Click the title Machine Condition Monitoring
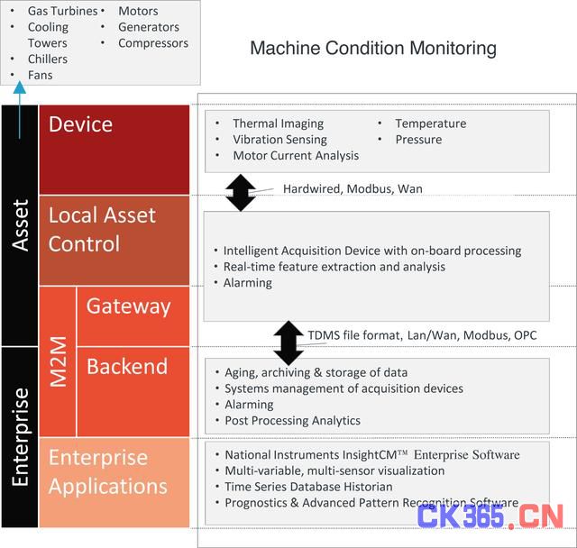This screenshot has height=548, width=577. pyautogui.click(x=373, y=48)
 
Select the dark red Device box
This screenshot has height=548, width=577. pyautogui.click(x=114, y=150)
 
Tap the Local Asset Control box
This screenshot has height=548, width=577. pyautogui.click(x=114, y=240)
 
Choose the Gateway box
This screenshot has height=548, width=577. pyautogui.click(x=133, y=316)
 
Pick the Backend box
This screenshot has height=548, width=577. pyautogui.click(x=133, y=392)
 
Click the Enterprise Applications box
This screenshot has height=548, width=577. pyautogui.click(x=114, y=482)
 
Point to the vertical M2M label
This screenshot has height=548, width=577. pyautogui.click(x=58, y=361)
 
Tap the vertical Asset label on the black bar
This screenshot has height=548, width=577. pyautogui.click(x=20, y=225)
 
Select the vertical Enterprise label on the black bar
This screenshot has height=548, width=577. pyautogui.click(x=20, y=437)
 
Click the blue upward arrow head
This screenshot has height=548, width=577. pyautogui.click(x=20, y=87)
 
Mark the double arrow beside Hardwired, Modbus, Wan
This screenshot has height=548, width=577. pyautogui.click(x=241, y=192)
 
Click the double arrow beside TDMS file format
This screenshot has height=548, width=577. pyautogui.click(x=288, y=342)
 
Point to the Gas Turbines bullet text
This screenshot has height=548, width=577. pyautogui.click(x=62, y=11)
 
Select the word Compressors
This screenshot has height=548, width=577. pyautogui.click(x=153, y=43)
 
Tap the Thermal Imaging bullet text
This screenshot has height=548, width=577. pyautogui.click(x=279, y=123)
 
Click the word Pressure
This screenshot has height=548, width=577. pyautogui.click(x=418, y=140)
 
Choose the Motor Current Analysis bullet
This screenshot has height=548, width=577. pyautogui.click(x=296, y=156)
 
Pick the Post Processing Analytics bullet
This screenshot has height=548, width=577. pyautogui.click(x=292, y=420)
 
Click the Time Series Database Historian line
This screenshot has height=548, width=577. pyautogui.click(x=308, y=487)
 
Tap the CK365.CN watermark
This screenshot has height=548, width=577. pyautogui.click(x=490, y=516)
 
